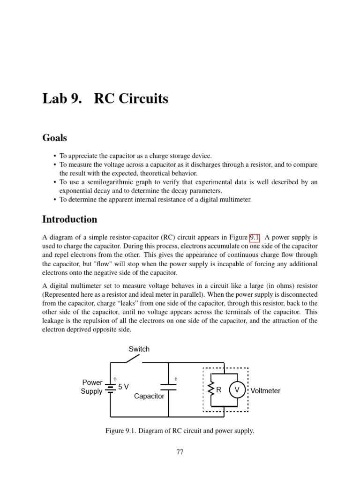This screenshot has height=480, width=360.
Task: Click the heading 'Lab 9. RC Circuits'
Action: pyautogui.click(x=105, y=99)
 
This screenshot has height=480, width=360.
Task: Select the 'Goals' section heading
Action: pyautogui.click(x=54, y=138)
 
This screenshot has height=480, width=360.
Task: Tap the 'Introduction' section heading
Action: pyautogui.click(x=70, y=219)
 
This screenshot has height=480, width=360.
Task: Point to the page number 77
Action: pyautogui.click(x=180, y=452)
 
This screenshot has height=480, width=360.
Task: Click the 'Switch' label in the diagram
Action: pyautogui.click(x=139, y=349)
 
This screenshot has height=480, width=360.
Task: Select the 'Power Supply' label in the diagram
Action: pyautogui.click(x=92, y=387)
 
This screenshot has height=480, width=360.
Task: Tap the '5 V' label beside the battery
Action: pyautogui.click(x=123, y=387)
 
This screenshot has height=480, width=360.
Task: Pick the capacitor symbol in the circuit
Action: pyautogui.click(x=168, y=387)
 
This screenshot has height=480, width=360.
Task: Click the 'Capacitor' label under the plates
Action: pyautogui.click(x=149, y=396)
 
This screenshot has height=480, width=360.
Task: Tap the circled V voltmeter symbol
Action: pyautogui.click(x=237, y=390)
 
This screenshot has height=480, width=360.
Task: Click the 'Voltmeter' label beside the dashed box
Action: pyautogui.click(x=265, y=390)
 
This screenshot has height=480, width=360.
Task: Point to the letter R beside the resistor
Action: pyautogui.click(x=218, y=390)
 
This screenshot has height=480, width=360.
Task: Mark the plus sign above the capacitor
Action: pyautogui.click(x=176, y=378)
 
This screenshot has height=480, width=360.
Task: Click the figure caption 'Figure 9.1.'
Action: pyautogui.click(x=121, y=431)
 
